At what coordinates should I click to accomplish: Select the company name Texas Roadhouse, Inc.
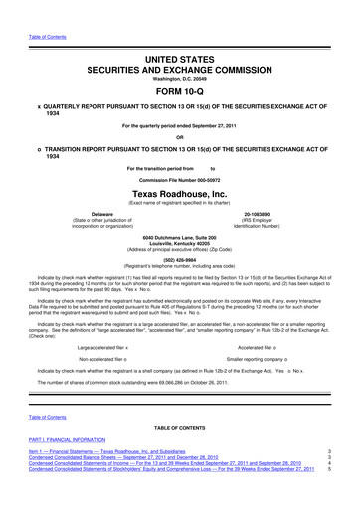pos(179,192)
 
